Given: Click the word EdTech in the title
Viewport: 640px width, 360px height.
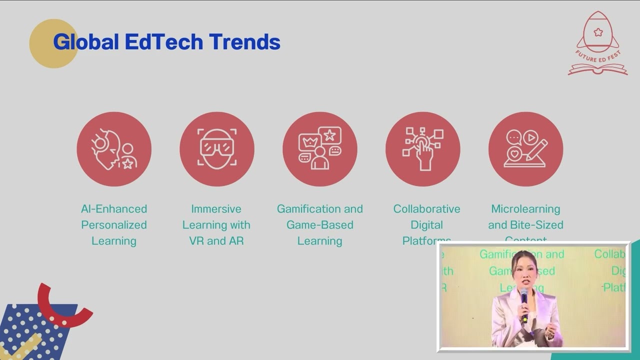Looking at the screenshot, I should tap(164, 42).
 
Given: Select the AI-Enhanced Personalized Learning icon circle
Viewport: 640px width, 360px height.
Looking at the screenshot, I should tap(114, 149).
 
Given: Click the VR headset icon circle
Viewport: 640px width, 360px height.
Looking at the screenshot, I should tap(217, 149).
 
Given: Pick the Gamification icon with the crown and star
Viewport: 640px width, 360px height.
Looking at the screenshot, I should tap(320, 149).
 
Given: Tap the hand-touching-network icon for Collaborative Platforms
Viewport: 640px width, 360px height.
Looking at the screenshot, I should tap(423, 149).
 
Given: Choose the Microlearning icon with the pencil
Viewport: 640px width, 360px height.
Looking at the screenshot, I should tap(525, 149).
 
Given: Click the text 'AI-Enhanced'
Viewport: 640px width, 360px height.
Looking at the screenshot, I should tap(114, 209).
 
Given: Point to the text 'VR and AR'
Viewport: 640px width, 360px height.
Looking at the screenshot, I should tap(216, 241).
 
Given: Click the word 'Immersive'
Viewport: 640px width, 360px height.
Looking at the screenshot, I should tap(216, 209).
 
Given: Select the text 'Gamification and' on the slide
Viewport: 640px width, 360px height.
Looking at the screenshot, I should tap(320, 209).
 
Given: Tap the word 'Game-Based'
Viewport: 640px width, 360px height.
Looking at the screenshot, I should tap(320, 225).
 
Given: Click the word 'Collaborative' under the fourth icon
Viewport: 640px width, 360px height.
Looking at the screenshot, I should tap(426, 209).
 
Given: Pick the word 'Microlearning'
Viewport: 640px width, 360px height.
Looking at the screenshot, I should tap(525, 209).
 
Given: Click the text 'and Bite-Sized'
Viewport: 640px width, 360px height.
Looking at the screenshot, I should tap(525, 225).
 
